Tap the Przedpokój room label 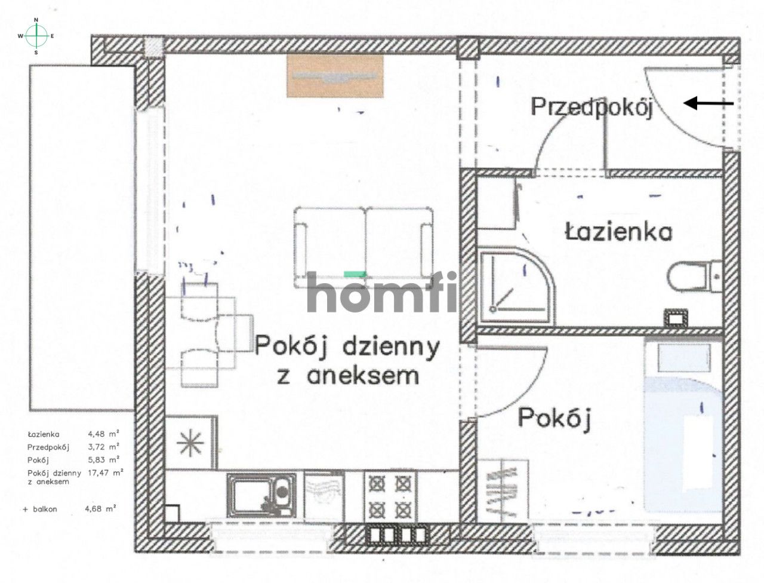click(591, 108)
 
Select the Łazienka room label click(618, 231)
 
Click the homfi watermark click(382, 292)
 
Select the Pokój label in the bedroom click(554, 419)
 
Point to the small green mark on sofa click(355, 273)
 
